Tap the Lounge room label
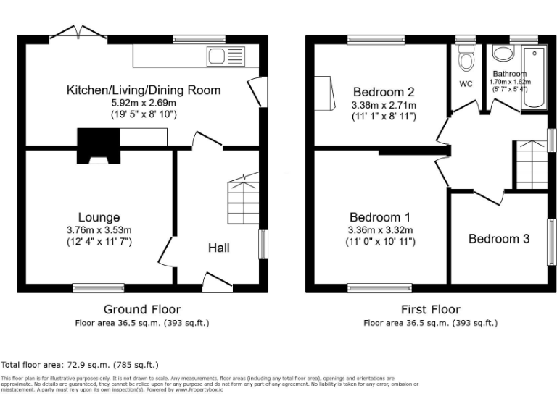pos(99,217)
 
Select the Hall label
pos(219,248)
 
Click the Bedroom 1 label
pos(380,217)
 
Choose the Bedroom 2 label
pos(384,92)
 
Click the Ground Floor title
pos(142,309)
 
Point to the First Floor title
pos(431,309)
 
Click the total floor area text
pos(80,365)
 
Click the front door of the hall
pos(217,281)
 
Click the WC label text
pos(466,84)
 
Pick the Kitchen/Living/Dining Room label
pos(144,90)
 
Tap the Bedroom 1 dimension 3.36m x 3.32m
pos(380,230)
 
